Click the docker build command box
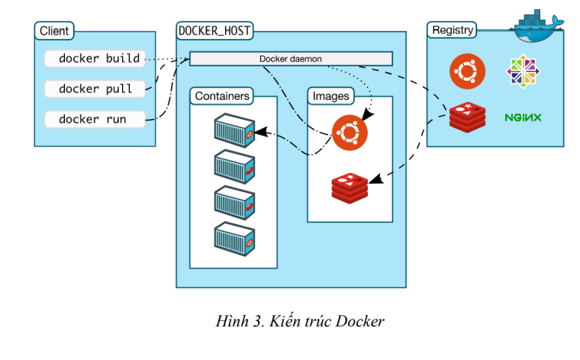(x=95, y=58)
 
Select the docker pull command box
(x=95, y=88)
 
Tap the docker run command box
(x=95, y=119)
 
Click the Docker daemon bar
(x=290, y=59)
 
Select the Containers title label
(x=221, y=96)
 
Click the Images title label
(x=331, y=96)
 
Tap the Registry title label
(x=453, y=31)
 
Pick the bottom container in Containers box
(x=234, y=239)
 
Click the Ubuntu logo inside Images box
(x=349, y=133)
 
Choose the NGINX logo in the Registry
(x=523, y=117)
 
